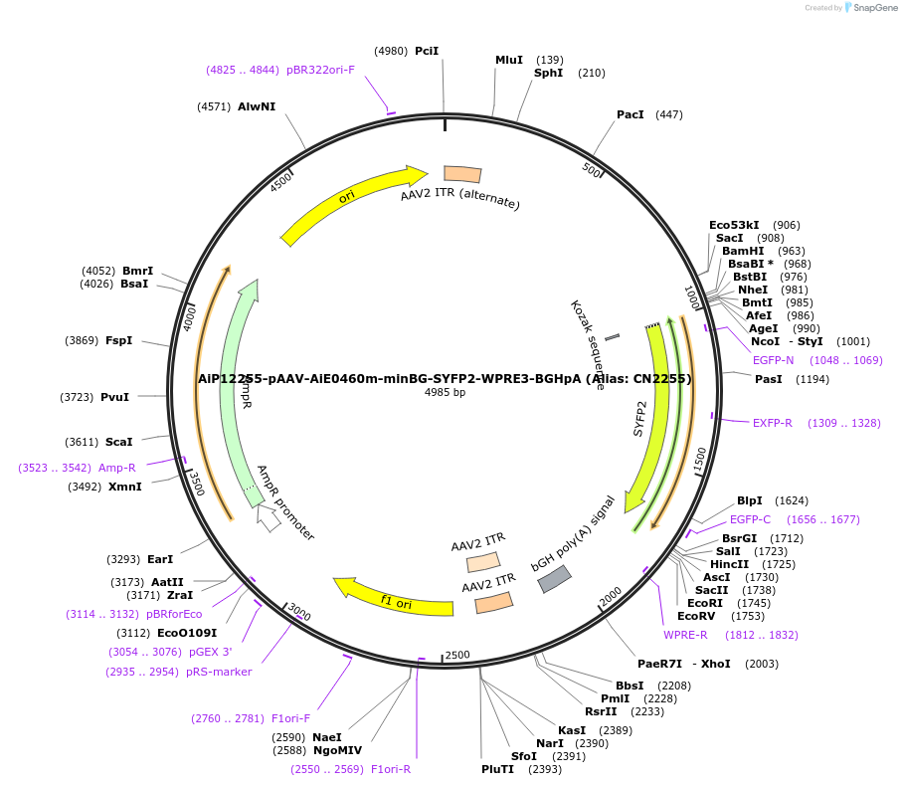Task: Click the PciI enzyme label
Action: tap(427, 51)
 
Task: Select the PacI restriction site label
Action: tap(631, 115)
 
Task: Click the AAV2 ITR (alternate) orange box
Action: tap(462, 175)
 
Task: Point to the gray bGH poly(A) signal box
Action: tap(555, 579)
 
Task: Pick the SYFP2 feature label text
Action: tap(641, 419)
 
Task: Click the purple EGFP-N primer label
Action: tap(773, 360)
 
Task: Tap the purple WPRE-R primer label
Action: tap(685, 635)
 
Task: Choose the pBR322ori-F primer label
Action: tap(320, 70)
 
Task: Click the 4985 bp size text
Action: tap(445, 392)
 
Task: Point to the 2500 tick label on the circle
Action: tap(457, 655)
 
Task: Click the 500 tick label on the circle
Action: tap(592, 170)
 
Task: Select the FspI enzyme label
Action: tap(118, 340)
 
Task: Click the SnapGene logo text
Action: tap(872, 8)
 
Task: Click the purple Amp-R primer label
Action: tap(117, 468)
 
